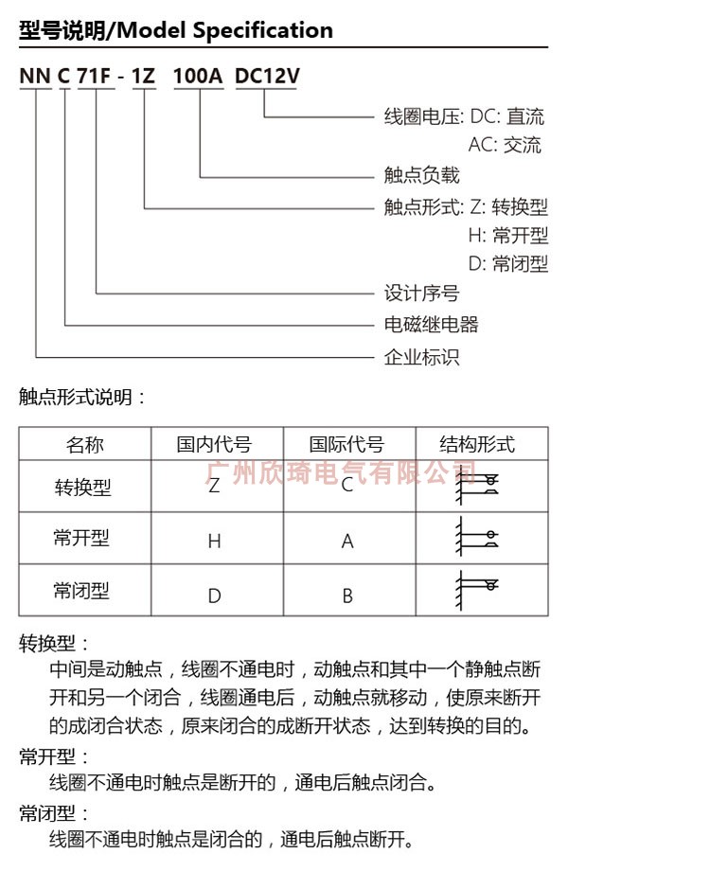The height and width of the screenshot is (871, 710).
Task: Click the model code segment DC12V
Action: pyautogui.click(x=266, y=77)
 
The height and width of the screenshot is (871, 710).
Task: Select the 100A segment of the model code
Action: pyautogui.click(x=199, y=77)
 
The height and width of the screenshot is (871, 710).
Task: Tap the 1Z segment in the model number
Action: pyautogui.click(x=143, y=77)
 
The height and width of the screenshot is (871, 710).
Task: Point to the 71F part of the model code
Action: pyautogui.click(x=95, y=77)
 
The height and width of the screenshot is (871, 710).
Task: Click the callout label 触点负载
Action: pyautogui.click(x=421, y=175)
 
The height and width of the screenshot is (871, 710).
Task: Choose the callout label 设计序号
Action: pyautogui.click(x=421, y=293)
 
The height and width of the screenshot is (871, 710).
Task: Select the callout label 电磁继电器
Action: pyautogui.click(x=431, y=325)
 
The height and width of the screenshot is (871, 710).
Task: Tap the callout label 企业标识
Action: pyautogui.click(x=421, y=357)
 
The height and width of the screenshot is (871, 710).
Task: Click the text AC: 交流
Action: pyautogui.click(x=505, y=145)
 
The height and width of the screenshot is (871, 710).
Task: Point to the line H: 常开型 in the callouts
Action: pyautogui.click(x=507, y=235)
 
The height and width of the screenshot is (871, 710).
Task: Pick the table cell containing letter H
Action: pyautogui.click(x=215, y=542)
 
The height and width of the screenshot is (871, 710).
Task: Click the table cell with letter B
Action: pyautogui.click(x=347, y=596)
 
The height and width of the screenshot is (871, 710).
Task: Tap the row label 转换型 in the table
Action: pyautogui.click(x=82, y=488)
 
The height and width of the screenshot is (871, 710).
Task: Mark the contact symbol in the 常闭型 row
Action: pyautogui.click(x=477, y=589)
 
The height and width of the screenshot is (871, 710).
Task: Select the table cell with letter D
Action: pyautogui.click(x=215, y=596)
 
